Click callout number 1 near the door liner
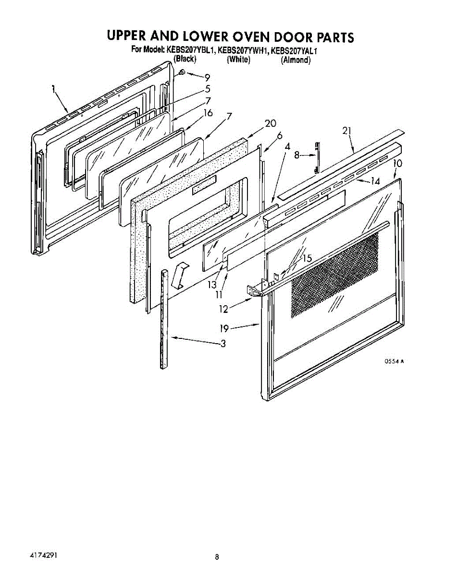point(54,89)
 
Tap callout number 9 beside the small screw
point(207,78)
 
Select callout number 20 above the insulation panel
point(271,123)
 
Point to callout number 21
point(346,131)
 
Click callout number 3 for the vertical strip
point(223,343)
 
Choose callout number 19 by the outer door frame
point(224,328)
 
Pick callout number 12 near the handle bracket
point(223,309)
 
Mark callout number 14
point(375,181)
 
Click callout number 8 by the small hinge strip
point(296,155)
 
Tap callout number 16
point(208,113)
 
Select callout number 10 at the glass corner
point(398,163)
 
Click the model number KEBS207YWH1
point(243,50)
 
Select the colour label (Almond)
point(296,60)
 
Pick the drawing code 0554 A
point(394,361)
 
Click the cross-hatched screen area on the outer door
point(335,276)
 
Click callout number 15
point(308,258)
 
